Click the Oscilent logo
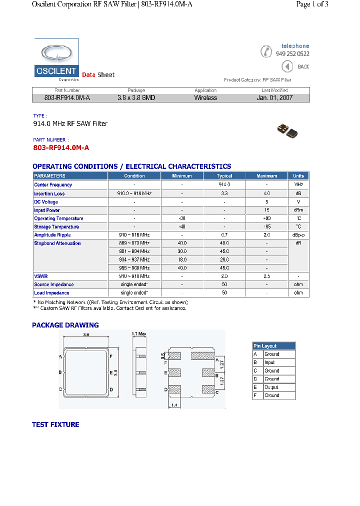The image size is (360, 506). pyautogui.click(x=56, y=60)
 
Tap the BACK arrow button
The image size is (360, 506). pyautogui.click(x=287, y=66)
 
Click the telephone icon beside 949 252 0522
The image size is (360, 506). pyautogui.click(x=267, y=51)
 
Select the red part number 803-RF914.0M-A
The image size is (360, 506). pyautogui.click(x=60, y=148)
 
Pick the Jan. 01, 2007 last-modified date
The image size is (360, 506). pyautogui.click(x=274, y=98)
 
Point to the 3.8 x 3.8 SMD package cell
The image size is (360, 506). pyautogui.click(x=136, y=98)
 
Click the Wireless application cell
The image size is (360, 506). pyautogui.click(x=205, y=98)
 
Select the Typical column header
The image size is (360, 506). pyautogui.click(x=224, y=176)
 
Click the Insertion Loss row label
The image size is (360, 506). pyautogui.click(x=49, y=193)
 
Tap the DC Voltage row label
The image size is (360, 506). pyautogui.click(x=46, y=202)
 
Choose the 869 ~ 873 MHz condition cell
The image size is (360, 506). pyautogui.click(x=134, y=243)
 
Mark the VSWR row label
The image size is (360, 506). pyautogui.click(x=40, y=276)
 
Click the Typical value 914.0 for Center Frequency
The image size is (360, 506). pyautogui.click(x=224, y=185)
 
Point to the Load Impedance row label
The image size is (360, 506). pyautogui.click(x=51, y=293)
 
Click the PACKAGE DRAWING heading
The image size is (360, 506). pyautogui.click(x=65, y=325)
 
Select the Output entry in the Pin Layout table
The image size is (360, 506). pyautogui.click(x=271, y=387)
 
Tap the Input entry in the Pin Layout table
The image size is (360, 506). pyautogui.click(x=269, y=362)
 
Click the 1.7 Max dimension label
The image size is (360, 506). pyautogui.click(x=139, y=333)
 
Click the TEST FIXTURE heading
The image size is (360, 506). pyautogui.click(x=55, y=424)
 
